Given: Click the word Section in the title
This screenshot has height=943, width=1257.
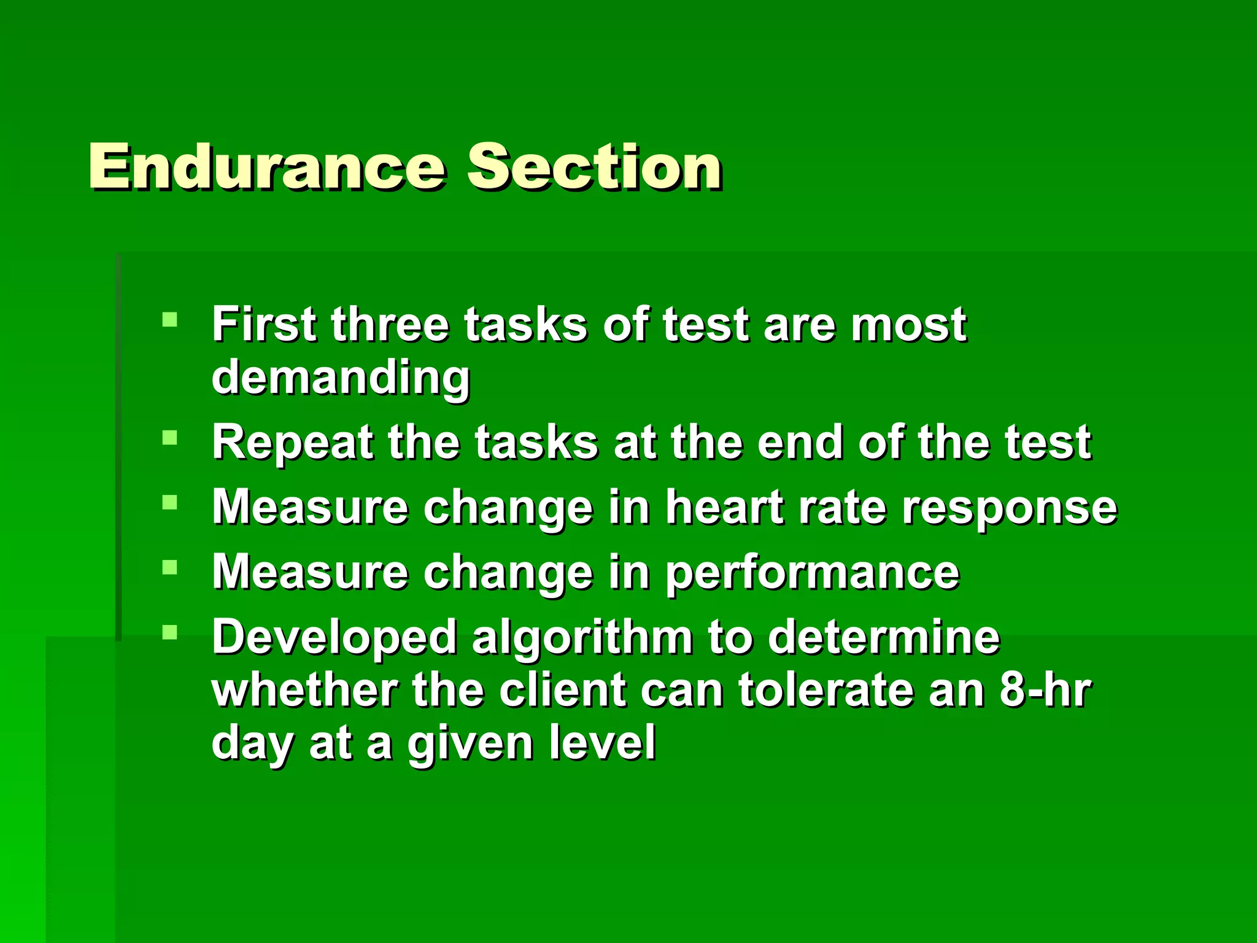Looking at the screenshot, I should [594, 166].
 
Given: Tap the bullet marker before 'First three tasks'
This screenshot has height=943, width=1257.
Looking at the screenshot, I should [169, 319].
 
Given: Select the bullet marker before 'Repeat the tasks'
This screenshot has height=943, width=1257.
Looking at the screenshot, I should [169, 437].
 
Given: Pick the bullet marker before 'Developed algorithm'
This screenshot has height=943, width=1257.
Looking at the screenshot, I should [169, 632].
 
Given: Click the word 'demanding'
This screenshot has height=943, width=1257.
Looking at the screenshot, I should [341, 377].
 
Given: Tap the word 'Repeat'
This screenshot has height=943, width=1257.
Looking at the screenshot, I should [292, 442].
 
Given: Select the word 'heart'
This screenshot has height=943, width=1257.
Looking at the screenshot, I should [724, 507].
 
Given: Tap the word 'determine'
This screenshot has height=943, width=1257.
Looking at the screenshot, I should [884, 637].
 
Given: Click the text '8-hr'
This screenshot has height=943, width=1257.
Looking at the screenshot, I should [1045, 690].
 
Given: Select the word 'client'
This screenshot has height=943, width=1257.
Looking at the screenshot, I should [562, 690].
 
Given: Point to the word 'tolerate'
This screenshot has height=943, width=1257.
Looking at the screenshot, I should [826, 690].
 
